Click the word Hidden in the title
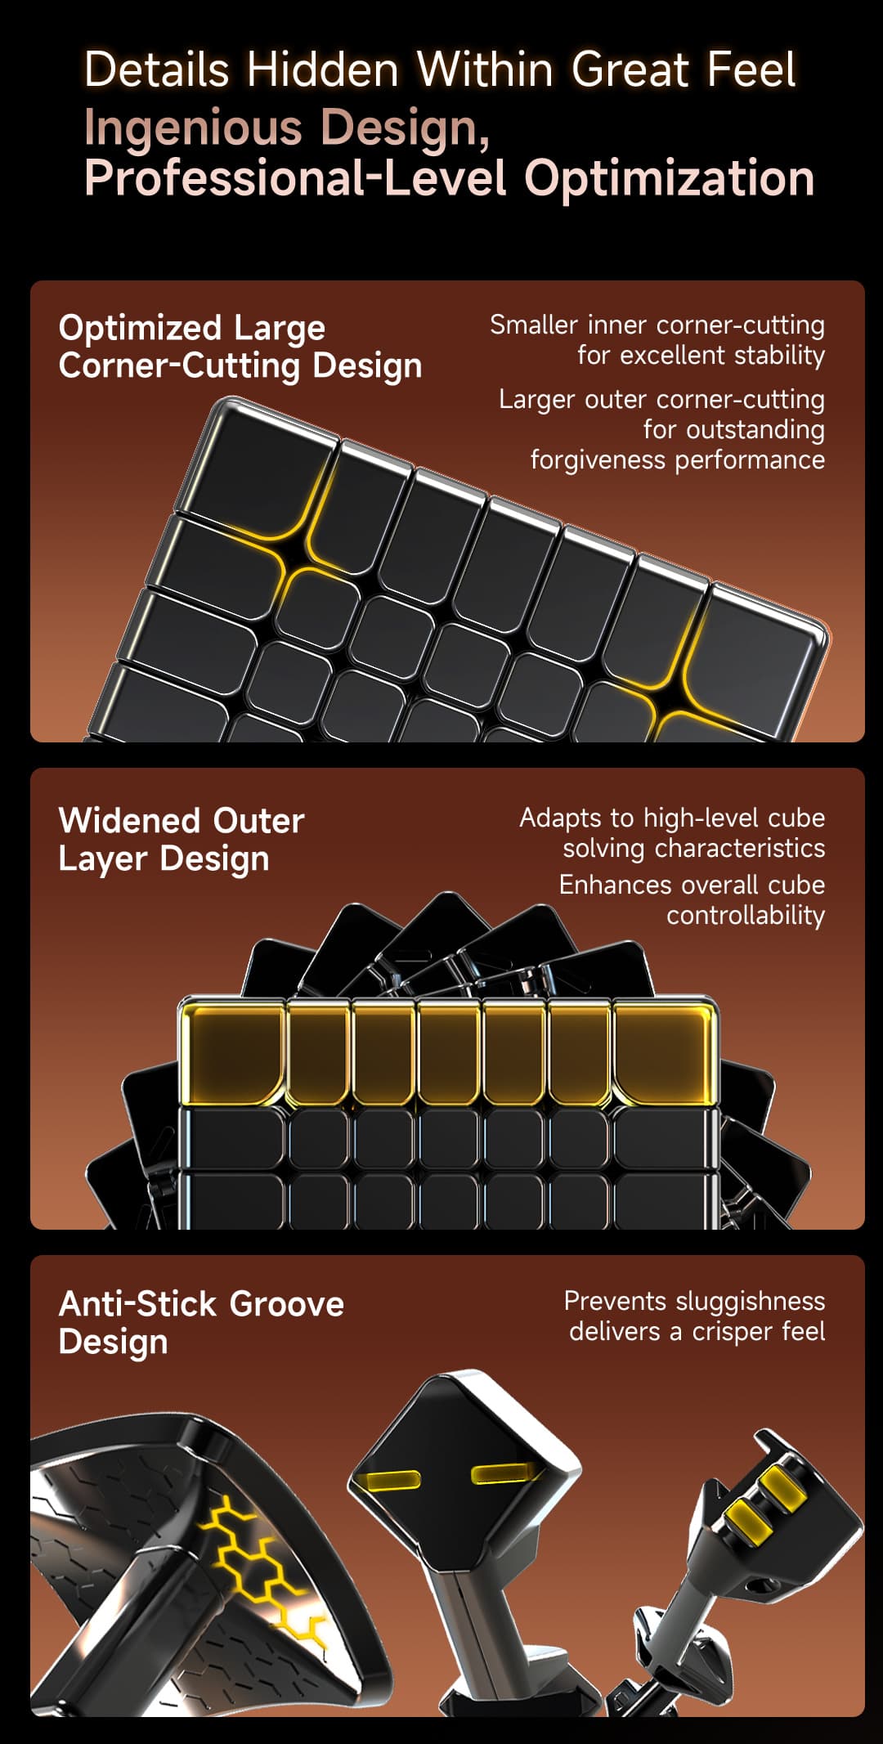pyautogui.click(x=322, y=69)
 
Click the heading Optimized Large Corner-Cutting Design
pyautogui.click(x=240, y=347)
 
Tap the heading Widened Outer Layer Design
pyautogui.click(x=181, y=840)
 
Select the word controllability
pyautogui.click(x=745, y=916)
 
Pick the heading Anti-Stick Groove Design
pyautogui.click(x=200, y=1322)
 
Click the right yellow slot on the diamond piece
pyautogui.click(x=504, y=1473)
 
